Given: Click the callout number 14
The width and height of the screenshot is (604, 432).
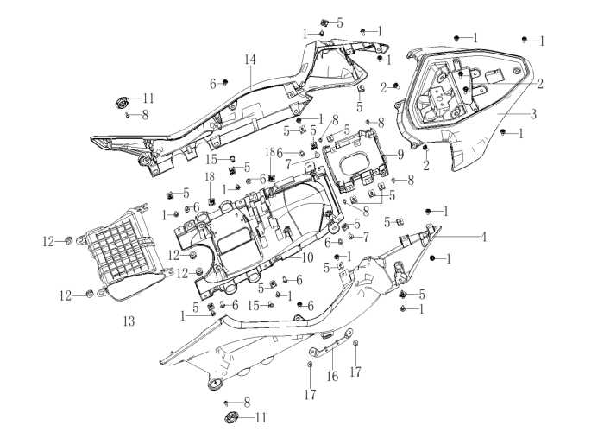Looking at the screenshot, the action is [250, 60].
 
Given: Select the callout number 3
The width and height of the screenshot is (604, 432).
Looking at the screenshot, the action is [533, 114].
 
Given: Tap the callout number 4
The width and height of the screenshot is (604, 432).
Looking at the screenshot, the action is [483, 237].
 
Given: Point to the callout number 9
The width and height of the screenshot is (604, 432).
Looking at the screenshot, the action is [400, 155].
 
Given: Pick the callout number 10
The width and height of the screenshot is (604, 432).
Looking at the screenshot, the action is [308, 257].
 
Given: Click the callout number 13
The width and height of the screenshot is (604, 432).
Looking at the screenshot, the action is [129, 321].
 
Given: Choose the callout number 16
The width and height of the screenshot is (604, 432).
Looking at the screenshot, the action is [332, 376].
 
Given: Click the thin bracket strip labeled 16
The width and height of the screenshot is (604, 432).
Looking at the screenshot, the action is [331, 342].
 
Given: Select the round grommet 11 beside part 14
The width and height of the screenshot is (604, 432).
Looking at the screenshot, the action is [123, 103].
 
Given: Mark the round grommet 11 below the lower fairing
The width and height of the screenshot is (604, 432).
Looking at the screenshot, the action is [231, 417].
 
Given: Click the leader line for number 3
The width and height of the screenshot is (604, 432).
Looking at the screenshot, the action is [513, 114].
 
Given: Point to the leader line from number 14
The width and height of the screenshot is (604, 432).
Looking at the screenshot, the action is [250, 77].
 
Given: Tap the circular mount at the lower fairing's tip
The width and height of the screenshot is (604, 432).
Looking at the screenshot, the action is [216, 384].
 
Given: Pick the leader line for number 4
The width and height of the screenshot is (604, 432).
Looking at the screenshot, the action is [456, 236].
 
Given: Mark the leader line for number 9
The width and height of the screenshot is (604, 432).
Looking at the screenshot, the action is [389, 155].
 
